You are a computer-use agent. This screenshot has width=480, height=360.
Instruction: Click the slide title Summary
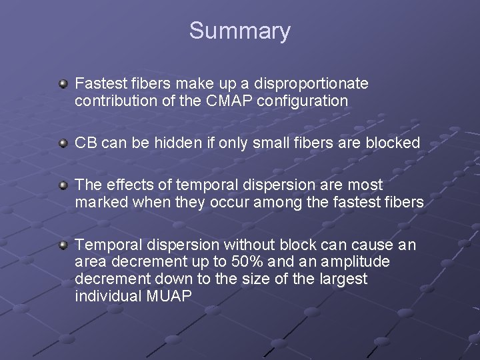pyautogui.click(x=239, y=31)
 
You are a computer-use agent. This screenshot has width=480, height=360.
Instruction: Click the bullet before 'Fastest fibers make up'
pyautogui.click(x=63, y=85)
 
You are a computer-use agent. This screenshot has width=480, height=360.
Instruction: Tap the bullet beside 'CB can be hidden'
pyautogui.click(x=63, y=143)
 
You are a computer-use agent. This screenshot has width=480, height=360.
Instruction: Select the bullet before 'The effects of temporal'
pyautogui.click(x=63, y=185)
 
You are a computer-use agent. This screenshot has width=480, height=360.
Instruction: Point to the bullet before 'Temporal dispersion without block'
pyautogui.click(x=63, y=245)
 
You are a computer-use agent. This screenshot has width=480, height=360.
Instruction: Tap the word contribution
pyautogui.click(x=113, y=101)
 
